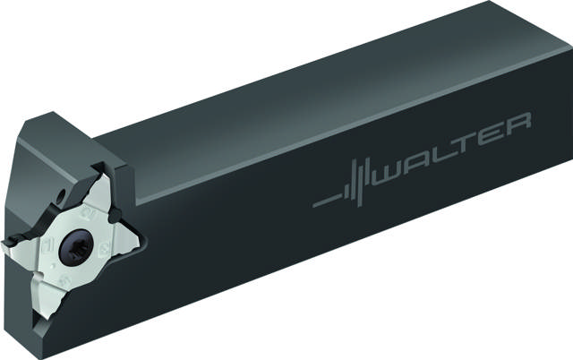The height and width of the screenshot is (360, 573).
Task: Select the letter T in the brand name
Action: pyautogui.click(x=475, y=143)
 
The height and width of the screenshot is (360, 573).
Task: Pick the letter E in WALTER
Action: pyautogui.click(x=498, y=133)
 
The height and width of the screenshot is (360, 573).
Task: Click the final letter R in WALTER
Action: pyautogui.click(x=522, y=123)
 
